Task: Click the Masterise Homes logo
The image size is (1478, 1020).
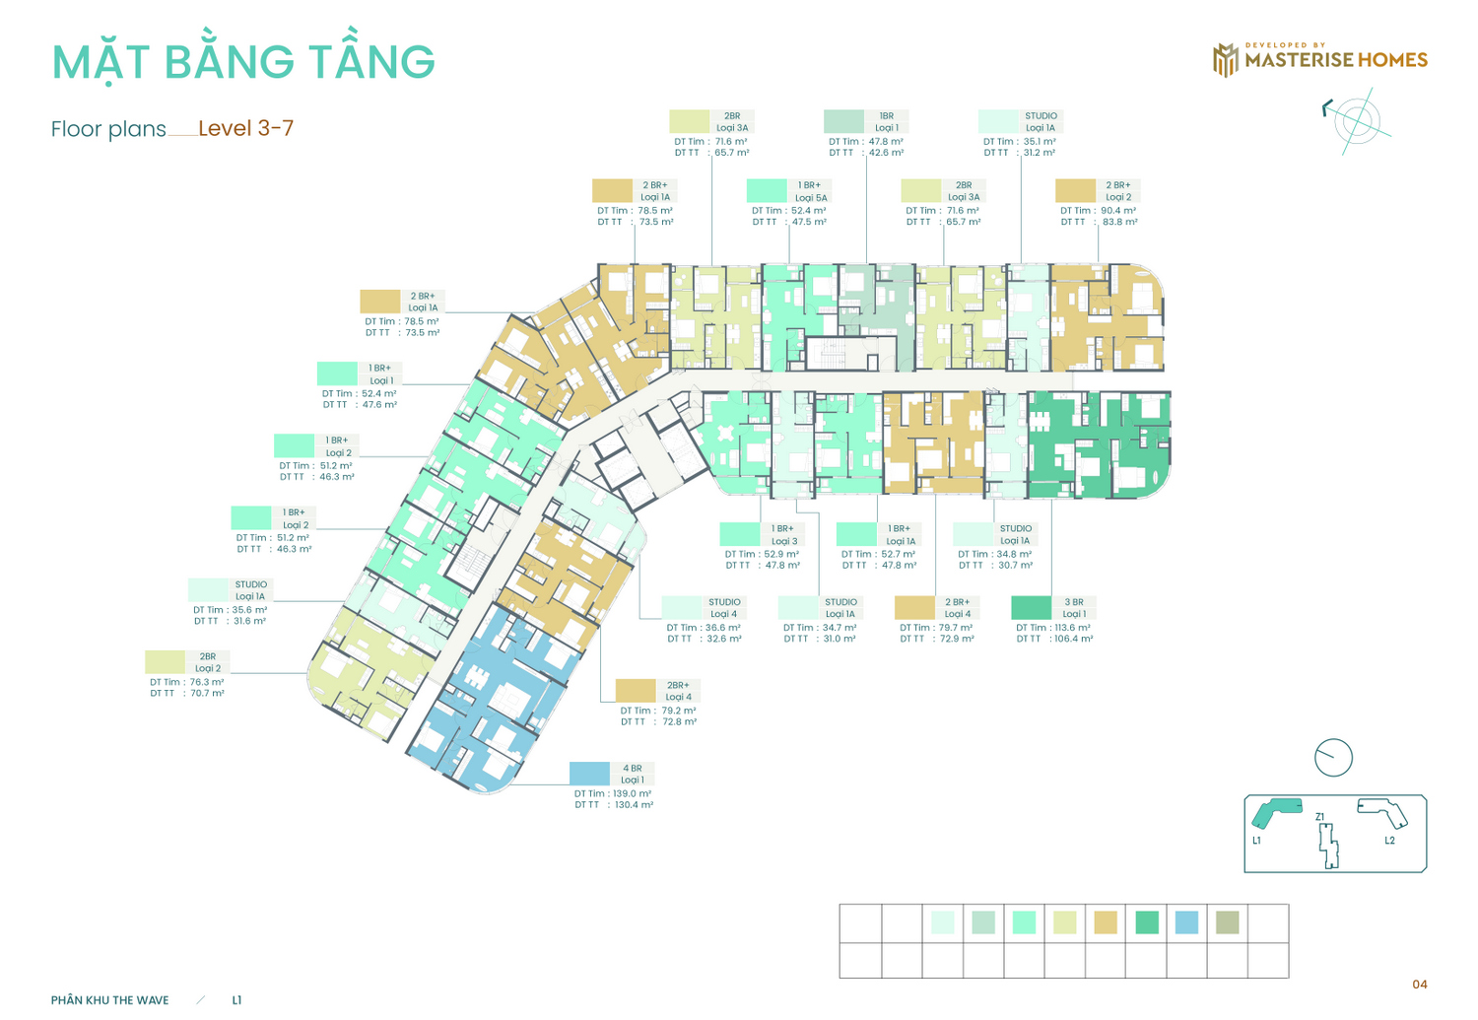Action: point(1319,59)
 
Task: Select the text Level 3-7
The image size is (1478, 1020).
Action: point(245,128)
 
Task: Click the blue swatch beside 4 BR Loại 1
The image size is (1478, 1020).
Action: point(589,774)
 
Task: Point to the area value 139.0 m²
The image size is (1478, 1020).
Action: point(633,793)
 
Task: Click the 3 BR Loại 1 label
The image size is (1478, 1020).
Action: point(1074,608)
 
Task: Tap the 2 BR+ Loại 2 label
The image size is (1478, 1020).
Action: point(1117,190)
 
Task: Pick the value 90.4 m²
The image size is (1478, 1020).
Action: point(1118,211)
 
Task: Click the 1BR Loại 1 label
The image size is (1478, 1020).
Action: point(886,121)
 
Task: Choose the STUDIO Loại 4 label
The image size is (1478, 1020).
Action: point(724,608)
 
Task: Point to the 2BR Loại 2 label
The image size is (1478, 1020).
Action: point(208,661)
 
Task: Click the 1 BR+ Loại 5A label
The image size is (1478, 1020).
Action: point(810,190)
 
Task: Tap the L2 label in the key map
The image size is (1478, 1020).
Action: point(1389,841)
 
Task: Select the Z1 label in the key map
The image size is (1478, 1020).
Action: point(1319,817)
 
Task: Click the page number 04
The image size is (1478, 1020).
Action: point(1419,985)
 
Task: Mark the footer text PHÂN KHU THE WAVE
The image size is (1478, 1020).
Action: point(109,1000)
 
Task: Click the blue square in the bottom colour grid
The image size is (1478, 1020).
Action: point(1186,922)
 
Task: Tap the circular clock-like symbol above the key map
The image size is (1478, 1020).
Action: point(1333,758)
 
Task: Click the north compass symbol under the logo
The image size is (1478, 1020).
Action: point(1358,121)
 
